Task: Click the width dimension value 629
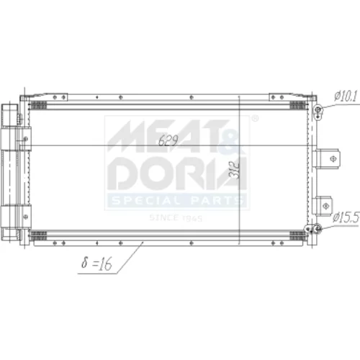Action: pos(168,140)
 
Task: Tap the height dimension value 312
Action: pos(234,170)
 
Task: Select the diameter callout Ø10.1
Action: pos(346,96)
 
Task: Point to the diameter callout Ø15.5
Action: pos(346,217)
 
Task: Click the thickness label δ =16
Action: pos(96,263)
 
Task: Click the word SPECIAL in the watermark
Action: pos(146,200)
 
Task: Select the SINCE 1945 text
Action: pos(176,218)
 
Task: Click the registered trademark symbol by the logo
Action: pos(255,118)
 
